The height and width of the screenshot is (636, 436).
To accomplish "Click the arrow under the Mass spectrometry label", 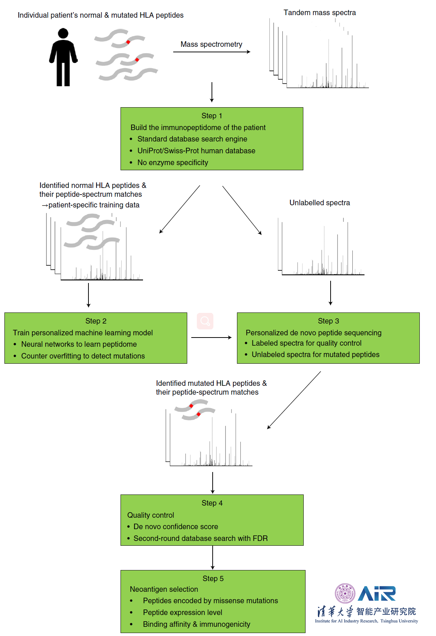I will click(x=212, y=52).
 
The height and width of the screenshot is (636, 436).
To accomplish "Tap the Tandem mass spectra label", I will click(x=320, y=13).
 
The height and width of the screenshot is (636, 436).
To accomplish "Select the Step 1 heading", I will click(x=212, y=116).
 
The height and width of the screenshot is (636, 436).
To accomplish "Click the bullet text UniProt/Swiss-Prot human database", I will click(x=196, y=151).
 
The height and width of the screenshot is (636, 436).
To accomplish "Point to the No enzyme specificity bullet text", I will click(x=172, y=163).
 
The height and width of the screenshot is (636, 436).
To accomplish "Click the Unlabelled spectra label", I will click(x=320, y=203).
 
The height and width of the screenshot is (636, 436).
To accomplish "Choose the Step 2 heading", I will click(x=96, y=321).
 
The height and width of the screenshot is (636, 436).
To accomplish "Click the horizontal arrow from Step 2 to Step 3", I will click(x=211, y=337).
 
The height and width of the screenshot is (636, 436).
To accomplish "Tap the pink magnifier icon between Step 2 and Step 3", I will click(x=205, y=321).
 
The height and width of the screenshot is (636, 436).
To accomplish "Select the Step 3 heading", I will click(x=328, y=321).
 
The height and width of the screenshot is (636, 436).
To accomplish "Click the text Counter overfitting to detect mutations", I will click(x=83, y=356).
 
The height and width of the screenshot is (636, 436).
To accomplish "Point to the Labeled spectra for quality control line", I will click(x=306, y=343).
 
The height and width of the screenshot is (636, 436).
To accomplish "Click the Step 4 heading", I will click(x=212, y=503).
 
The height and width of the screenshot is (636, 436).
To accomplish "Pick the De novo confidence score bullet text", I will click(x=175, y=527).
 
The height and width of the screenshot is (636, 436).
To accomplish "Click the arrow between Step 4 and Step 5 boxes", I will click(x=213, y=558).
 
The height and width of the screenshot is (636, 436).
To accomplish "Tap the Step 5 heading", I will click(x=213, y=579).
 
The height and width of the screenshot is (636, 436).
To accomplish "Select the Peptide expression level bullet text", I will click(x=182, y=612).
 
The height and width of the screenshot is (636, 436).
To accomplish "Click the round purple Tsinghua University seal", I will click(x=345, y=593).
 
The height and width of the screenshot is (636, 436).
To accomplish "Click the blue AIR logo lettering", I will click(x=377, y=594).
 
